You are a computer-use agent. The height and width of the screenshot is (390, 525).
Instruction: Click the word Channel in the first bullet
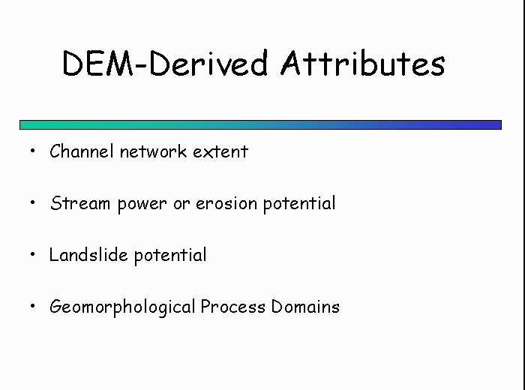point(81,151)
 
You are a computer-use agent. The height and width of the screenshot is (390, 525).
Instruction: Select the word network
point(153,151)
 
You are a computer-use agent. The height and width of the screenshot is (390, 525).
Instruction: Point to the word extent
point(220,151)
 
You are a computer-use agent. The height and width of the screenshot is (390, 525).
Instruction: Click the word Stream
point(80,203)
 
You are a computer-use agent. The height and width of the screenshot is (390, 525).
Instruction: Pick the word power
point(142,205)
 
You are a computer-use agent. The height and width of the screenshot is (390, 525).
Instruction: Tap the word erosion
point(226,203)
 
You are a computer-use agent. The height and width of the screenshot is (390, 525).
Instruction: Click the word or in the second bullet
point(181,204)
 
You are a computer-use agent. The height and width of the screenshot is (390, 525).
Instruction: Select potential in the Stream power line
point(299,203)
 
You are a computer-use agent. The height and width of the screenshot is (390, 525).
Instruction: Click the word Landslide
point(88,255)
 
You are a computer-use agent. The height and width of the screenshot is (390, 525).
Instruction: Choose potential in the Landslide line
point(170,256)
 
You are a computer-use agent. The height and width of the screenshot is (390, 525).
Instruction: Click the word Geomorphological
point(122,307)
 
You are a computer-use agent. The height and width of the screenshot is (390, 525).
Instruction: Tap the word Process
point(233,306)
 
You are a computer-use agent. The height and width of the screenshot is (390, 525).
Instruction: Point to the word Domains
point(305,306)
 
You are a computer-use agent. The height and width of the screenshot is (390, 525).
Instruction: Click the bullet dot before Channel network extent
point(32,151)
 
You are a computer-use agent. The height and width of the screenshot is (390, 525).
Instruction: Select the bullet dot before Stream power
point(32,202)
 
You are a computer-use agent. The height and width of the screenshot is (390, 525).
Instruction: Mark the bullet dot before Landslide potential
point(32,254)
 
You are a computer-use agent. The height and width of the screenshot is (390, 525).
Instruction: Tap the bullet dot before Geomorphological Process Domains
point(32,306)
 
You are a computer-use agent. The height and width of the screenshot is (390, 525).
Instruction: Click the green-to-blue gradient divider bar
point(260,124)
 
